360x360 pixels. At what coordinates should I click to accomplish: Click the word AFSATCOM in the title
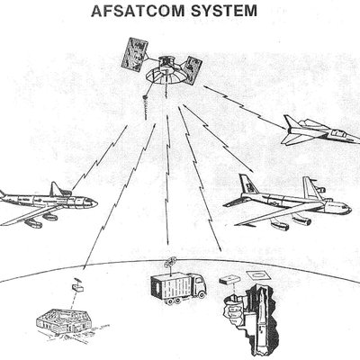click(139, 11)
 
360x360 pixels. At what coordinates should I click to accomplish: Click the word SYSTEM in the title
click(224, 11)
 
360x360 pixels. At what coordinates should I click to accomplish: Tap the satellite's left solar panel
click(134, 56)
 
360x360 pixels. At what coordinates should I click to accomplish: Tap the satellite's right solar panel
click(191, 70)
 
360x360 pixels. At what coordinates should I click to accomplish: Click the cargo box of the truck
click(169, 286)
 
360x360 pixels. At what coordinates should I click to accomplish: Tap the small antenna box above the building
click(77, 285)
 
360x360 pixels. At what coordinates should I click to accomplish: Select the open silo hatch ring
click(258, 274)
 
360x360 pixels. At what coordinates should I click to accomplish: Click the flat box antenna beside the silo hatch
click(229, 281)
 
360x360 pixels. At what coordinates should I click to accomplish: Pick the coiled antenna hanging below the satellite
click(145, 106)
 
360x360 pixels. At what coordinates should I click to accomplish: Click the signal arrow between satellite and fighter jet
click(245, 107)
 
